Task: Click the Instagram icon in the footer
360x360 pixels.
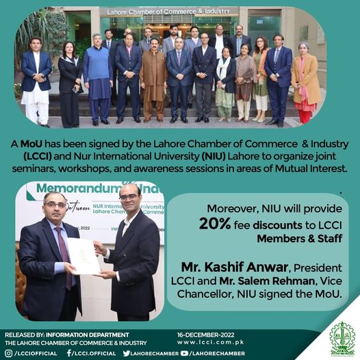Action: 8,352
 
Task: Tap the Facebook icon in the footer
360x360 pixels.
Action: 69,352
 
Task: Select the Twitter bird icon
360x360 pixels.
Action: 127,352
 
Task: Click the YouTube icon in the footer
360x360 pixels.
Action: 185,352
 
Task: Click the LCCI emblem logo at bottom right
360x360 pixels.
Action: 342,339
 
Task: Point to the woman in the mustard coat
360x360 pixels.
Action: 304,77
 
